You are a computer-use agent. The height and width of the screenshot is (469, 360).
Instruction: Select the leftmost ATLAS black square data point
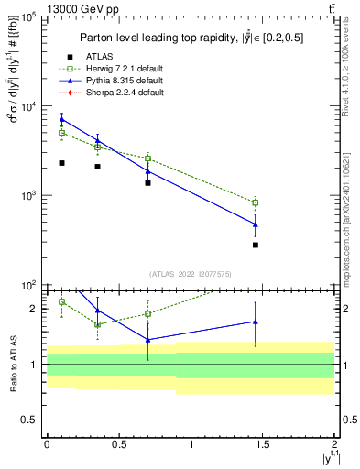tap(61, 163)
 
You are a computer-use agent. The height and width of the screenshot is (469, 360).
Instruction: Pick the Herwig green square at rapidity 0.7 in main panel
tap(147, 158)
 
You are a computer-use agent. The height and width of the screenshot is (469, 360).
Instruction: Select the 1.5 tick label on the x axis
tap(263, 442)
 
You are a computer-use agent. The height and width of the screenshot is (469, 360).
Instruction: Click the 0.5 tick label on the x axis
tap(118, 442)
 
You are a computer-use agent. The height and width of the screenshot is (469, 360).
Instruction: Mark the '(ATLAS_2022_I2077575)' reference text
tap(190, 274)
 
